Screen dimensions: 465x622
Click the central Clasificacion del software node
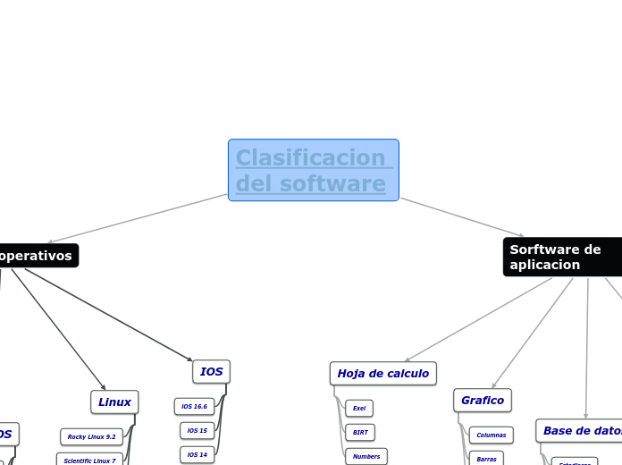(313, 170)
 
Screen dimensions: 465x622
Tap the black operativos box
(36, 256)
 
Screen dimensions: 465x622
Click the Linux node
(114, 402)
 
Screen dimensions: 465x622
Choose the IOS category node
(211, 371)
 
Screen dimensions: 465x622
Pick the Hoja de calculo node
(382, 373)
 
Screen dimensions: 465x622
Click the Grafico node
(482, 400)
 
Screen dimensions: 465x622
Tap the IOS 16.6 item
(194, 407)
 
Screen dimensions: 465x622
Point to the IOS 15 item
(197, 431)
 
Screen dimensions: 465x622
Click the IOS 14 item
(197, 454)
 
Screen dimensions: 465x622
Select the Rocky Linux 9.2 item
(91, 437)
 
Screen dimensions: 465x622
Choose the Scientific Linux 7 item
(89, 461)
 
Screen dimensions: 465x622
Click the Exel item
(359, 408)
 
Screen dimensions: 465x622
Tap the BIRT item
(359, 432)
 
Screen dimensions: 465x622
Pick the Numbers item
(366, 456)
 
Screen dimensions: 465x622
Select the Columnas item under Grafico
(491, 435)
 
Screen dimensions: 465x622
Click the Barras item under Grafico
(486, 459)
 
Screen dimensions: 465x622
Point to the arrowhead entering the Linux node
(105, 387)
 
